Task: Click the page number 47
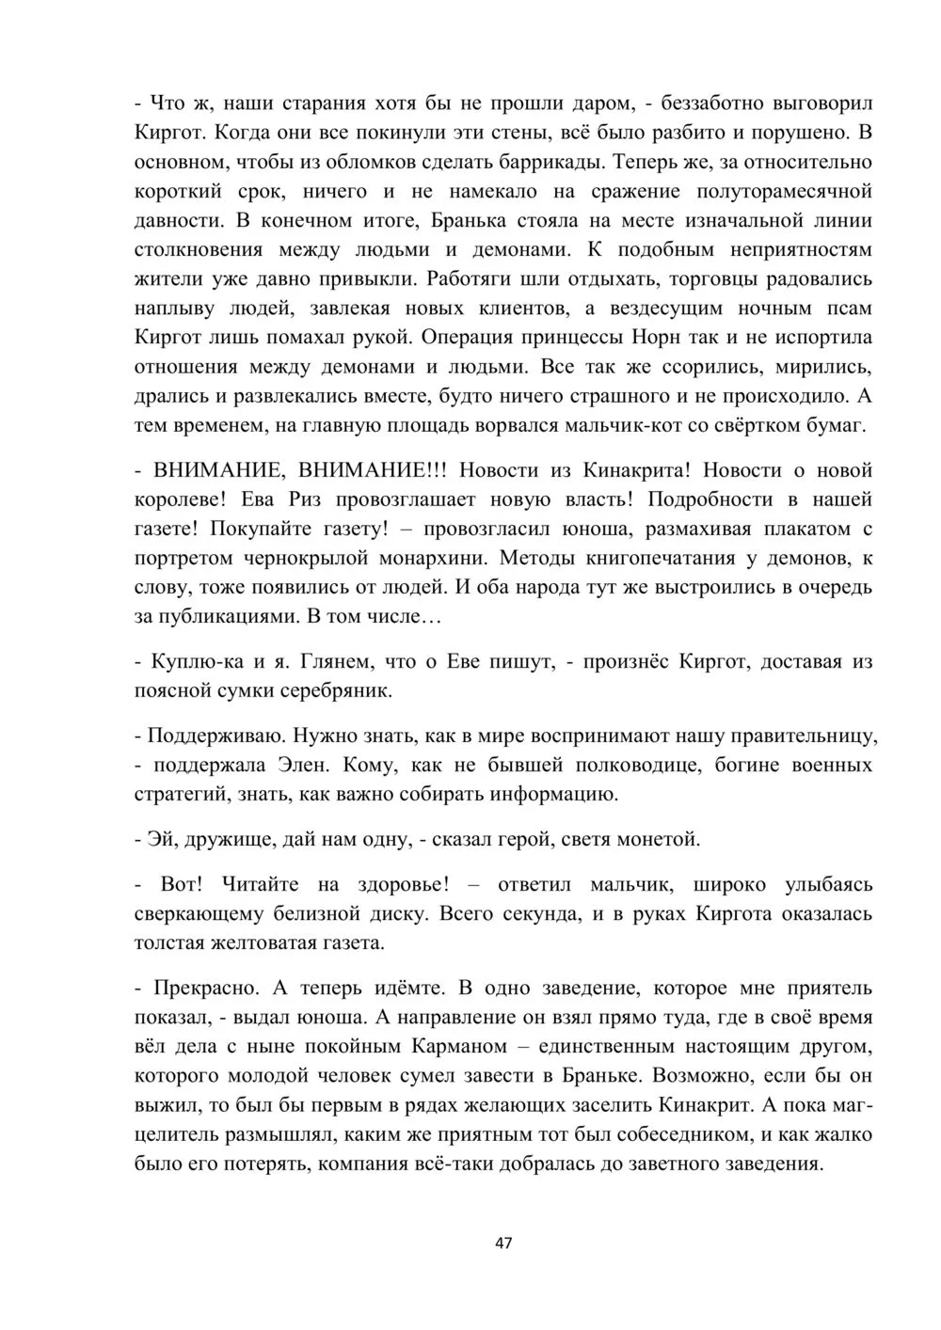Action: pos(503,1243)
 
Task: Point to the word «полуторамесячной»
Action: pos(783,191)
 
